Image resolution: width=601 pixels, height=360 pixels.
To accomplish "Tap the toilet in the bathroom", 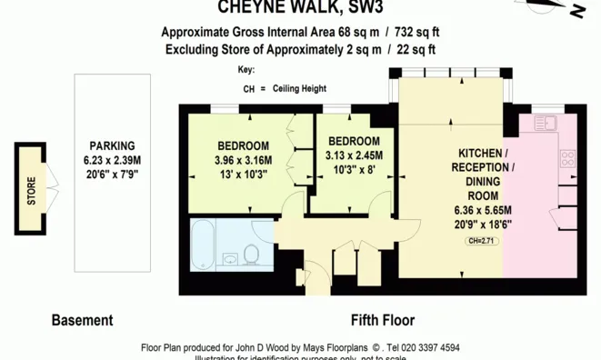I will coord(252,253).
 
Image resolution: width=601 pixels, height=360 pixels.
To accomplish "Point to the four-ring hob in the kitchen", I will coord(567,158).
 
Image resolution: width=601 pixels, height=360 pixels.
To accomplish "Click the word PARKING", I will coord(112,145).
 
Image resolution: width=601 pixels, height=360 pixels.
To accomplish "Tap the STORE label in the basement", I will coord(31,191).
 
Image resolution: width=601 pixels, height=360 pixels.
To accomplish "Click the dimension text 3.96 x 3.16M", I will coord(243,161).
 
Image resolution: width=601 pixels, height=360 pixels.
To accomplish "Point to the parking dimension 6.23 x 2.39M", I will coord(112,159).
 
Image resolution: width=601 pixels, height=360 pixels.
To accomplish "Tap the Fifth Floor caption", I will coord(383,320).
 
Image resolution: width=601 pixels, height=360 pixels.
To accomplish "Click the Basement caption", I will coord(82,320).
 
